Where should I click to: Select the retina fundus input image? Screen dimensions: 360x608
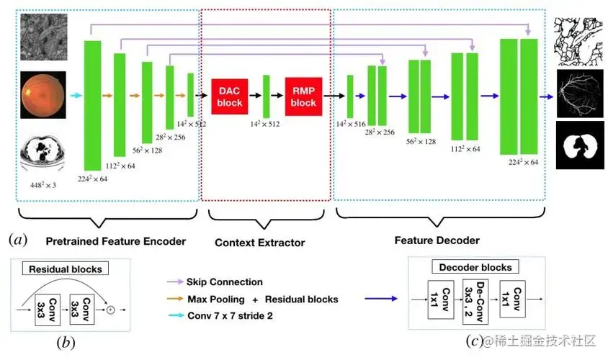click(x=43, y=94)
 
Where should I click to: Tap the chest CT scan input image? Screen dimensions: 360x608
click(x=43, y=152)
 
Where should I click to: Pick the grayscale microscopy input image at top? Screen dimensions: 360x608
click(x=43, y=36)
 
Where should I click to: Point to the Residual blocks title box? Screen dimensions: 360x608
click(x=66, y=269)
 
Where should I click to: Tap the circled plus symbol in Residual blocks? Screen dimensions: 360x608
click(x=111, y=310)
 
